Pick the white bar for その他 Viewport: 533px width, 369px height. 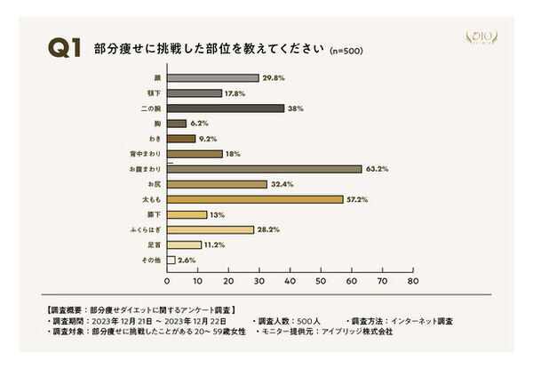(171, 260)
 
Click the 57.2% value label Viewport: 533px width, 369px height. (359, 198)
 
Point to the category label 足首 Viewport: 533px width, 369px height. (152, 245)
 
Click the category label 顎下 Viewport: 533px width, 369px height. (152, 93)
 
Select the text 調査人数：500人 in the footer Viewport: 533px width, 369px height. (288, 319)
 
